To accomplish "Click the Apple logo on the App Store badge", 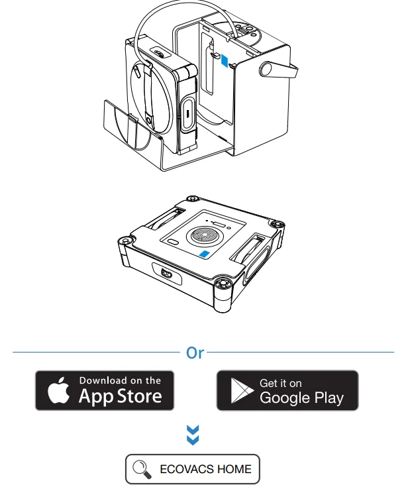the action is click(x=58, y=390).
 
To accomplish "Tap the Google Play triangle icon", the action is click(x=241, y=390).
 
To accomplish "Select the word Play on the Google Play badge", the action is click(x=329, y=398).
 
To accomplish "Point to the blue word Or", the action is click(x=195, y=353).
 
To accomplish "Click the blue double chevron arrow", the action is click(x=193, y=435).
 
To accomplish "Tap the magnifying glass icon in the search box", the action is click(x=142, y=469).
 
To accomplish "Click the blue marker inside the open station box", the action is click(x=225, y=60).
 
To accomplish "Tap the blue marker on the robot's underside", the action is click(x=204, y=254).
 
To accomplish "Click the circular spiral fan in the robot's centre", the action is click(x=203, y=236).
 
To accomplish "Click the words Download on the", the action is click(x=120, y=380).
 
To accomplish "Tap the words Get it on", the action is click(x=281, y=383).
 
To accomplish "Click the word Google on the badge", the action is click(x=285, y=398).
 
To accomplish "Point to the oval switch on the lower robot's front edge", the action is click(x=168, y=274).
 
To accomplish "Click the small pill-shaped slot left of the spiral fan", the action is click(x=173, y=242).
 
